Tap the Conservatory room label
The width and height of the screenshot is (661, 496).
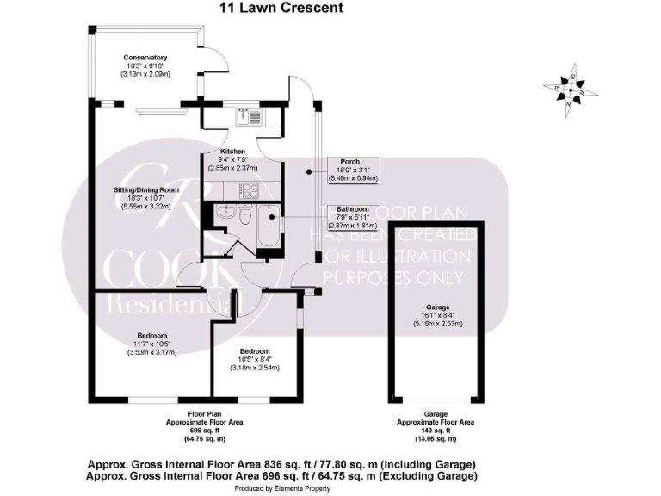pyautogui.click(x=145, y=58)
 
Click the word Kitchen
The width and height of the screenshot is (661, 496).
pyautogui.click(x=221, y=151)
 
